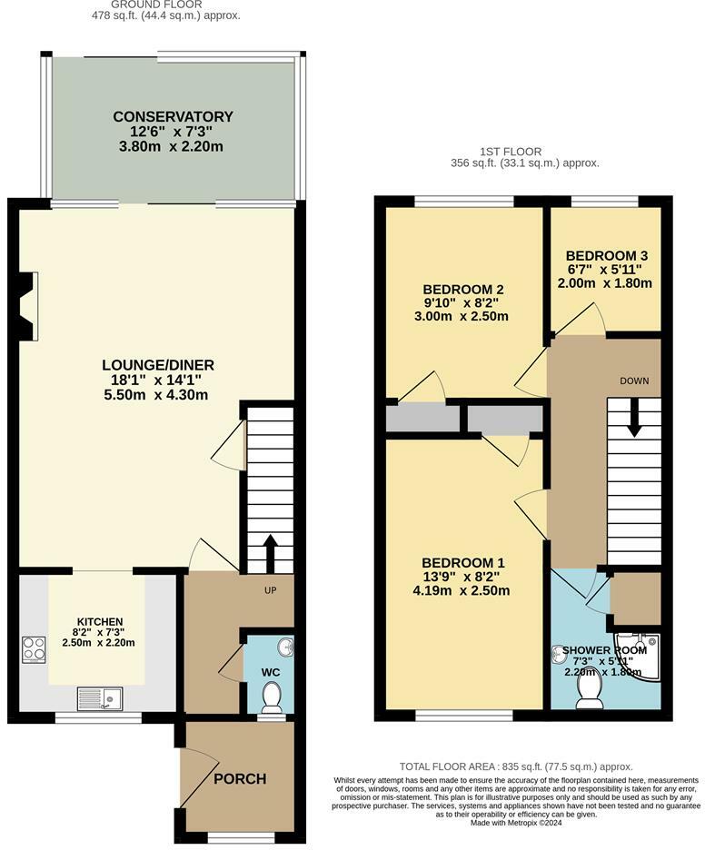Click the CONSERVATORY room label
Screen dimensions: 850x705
173,116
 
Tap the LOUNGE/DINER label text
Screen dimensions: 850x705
158,365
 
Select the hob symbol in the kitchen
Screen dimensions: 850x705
34,648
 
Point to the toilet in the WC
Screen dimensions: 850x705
270,697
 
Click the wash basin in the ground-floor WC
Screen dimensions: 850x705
286,647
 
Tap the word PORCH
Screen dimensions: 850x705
241,778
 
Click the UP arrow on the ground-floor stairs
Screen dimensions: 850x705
270,548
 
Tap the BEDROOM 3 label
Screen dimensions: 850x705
604,255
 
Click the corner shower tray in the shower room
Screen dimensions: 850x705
640,657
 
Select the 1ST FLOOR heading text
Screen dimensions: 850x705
511,152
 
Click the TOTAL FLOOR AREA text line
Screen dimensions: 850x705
516,767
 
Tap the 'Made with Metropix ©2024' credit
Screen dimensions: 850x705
516,823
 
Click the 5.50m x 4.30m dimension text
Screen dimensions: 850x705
158,395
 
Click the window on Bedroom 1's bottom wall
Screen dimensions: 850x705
459,717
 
